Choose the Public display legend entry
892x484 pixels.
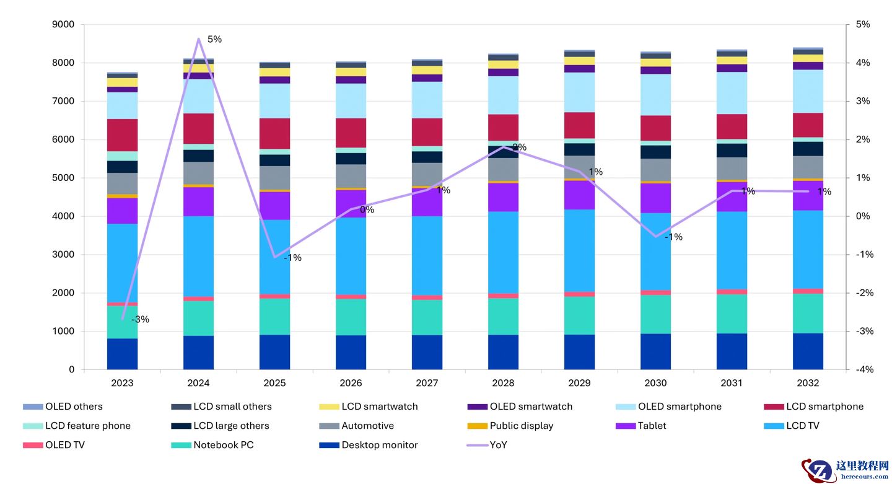pyautogui.click(x=521, y=426)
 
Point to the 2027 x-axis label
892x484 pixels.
pyautogui.click(x=427, y=383)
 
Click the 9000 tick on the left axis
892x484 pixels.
pyautogui.click(x=64, y=25)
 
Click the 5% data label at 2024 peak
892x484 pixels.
pyautogui.click(x=214, y=40)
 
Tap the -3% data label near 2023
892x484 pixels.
pyautogui.click(x=141, y=320)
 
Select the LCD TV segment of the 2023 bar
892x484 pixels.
pyautogui.click(x=122, y=263)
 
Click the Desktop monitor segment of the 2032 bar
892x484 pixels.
pyautogui.click(x=808, y=351)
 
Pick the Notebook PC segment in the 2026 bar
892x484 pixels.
pyautogui.click(x=351, y=317)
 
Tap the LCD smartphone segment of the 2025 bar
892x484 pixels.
pyautogui.click(x=274, y=133)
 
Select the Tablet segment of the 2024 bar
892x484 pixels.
pyautogui.click(x=198, y=201)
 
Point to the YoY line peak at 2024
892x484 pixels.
pyautogui.click(x=198, y=39)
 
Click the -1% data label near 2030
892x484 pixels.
pyautogui.click(x=673, y=237)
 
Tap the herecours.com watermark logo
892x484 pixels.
pyautogui.click(x=845, y=470)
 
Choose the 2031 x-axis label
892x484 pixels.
pyautogui.click(x=732, y=383)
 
